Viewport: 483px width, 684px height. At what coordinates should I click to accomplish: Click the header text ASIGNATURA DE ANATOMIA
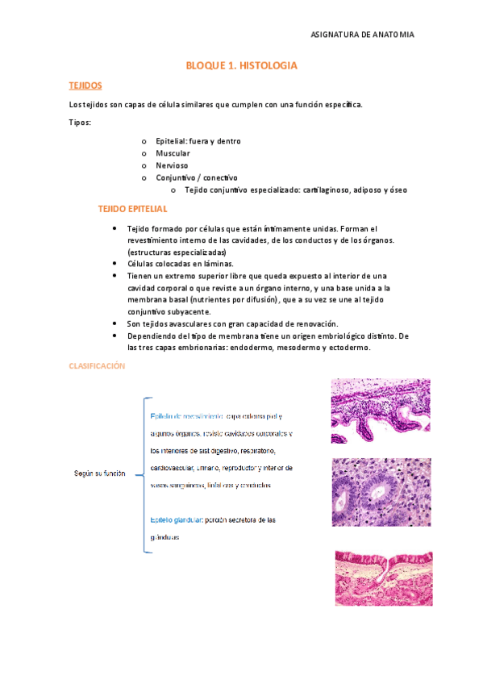(x=362, y=35)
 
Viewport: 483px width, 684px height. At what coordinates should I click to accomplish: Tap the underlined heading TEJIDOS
(x=85, y=85)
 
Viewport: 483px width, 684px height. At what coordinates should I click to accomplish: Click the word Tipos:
(x=80, y=123)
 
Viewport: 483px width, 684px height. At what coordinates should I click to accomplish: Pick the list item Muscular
(x=173, y=153)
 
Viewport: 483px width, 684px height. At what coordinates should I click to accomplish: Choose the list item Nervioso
(x=172, y=165)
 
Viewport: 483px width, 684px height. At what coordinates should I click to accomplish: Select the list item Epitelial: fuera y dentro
(x=198, y=141)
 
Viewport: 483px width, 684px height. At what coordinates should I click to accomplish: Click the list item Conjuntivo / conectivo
(x=196, y=177)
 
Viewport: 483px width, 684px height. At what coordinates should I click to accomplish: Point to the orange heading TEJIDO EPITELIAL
(x=132, y=208)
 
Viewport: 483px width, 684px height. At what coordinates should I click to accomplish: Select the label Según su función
(x=100, y=473)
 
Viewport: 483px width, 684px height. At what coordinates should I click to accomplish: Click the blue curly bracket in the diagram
(x=144, y=475)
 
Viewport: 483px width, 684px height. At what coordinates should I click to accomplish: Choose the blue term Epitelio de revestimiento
(x=187, y=416)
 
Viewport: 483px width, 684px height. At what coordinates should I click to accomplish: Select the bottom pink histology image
(x=383, y=578)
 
